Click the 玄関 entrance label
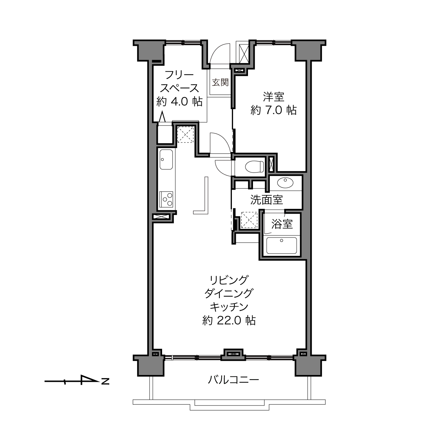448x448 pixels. [220, 82]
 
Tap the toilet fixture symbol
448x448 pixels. [254, 166]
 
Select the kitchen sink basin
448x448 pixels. [166, 160]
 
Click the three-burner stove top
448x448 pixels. [166, 199]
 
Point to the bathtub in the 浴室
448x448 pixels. [282, 245]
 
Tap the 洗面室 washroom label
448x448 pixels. [267, 200]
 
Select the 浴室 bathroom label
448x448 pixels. [282, 224]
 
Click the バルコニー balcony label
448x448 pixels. [233, 380]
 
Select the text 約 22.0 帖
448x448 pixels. [229, 321]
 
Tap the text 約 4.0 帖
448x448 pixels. [179, 102]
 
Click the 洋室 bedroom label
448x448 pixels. [273, 97]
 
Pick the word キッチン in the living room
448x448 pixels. [229, 307]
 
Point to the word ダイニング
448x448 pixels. [229, 294]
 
